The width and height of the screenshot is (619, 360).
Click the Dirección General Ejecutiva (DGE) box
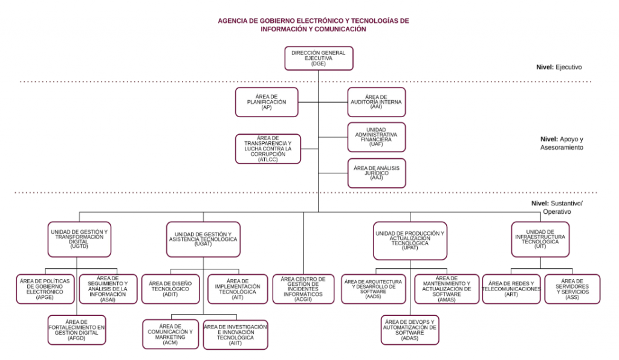[x=319, y=59]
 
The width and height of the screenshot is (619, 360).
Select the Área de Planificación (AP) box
[x=267, y=102]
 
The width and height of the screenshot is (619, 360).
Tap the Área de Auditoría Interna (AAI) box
[x=376, y=102]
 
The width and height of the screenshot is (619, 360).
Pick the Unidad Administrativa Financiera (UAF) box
[x=376, y=137]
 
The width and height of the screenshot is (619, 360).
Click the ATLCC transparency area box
[x=268, y=149]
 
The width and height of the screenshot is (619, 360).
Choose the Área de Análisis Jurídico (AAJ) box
[x=376, y=173]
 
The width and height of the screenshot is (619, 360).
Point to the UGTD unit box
[x=79, y=239]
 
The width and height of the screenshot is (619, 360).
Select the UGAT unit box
[x=203, y=239]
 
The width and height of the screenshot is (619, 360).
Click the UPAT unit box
[x=410, y=240]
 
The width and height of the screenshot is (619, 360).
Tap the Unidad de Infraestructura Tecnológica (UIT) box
[x=540, y=239]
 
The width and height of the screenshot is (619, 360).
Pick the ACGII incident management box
[x=303, y=289]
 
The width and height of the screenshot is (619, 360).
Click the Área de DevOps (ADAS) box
[x=410, y=330]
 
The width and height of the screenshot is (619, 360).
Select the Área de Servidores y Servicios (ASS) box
[x=572, y=289]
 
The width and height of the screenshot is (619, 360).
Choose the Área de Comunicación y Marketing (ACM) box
[x=170, y=335]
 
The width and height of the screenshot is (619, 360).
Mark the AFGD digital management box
[x=77, y=330]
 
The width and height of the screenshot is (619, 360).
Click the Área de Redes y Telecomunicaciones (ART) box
[x=511, y=289]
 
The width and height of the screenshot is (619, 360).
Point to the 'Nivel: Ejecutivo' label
[x=559, y=68]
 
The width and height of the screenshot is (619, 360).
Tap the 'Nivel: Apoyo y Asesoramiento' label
[x=562, y=143]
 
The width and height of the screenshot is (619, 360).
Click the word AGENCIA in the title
[x=233, y=21]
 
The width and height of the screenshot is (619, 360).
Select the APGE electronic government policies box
[x=45, y=289]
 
